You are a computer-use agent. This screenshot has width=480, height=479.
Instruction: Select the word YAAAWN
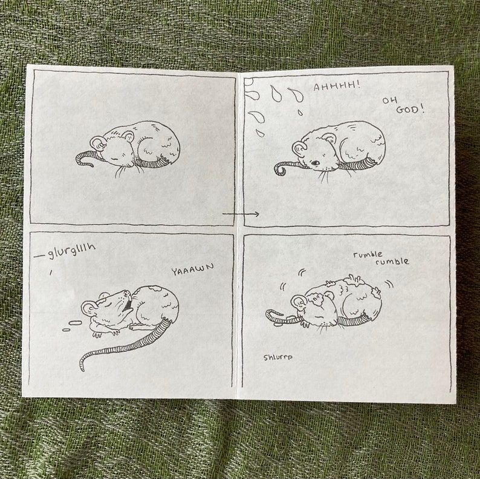pyautogui.click(x=193, y=270)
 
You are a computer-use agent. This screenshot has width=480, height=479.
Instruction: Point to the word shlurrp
pyautogui.click(x=278, y=357)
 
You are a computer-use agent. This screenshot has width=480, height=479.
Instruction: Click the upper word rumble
pyautogui.click(x=369, y=255)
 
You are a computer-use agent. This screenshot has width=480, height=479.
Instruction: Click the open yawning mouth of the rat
pyautogui.click(x=127, y=302)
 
